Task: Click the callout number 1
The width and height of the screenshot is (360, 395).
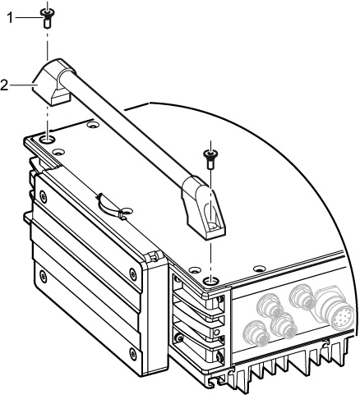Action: pos(10,18)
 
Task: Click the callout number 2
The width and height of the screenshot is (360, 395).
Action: pos(4,85)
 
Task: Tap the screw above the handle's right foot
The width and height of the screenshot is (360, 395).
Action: pos(210,159)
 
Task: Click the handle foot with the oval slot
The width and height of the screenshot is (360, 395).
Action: pos(204,208)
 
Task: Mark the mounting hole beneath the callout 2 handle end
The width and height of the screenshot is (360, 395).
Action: pos(47,140)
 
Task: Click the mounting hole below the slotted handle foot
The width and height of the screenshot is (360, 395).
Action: pos(210,280)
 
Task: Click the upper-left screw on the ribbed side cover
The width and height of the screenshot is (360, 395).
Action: pos(43,196)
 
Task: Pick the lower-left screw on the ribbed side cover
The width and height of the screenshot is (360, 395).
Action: pos(43,276)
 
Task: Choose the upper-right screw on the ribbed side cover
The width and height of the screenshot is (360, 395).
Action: pos(133,273)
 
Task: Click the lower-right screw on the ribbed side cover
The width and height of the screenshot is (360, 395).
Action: pos(133,353)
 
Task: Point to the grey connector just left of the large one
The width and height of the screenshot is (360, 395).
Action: pos(302,297)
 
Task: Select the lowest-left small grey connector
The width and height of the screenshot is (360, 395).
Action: pos(256,333)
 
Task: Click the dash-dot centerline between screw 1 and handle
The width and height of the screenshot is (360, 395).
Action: pos(47,44)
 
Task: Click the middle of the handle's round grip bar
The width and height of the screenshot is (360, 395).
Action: pos(124,125)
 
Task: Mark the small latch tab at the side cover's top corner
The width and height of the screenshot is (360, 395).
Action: pos(151,257)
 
